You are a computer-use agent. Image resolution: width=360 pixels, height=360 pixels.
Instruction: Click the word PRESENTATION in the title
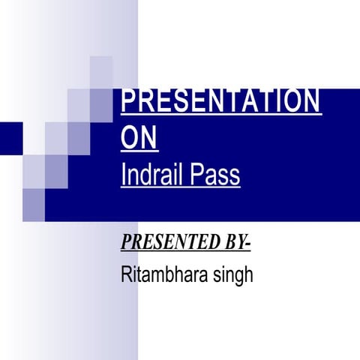click(x=220, y=102)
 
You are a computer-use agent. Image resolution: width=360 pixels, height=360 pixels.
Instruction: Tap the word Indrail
click(x=150, y=175)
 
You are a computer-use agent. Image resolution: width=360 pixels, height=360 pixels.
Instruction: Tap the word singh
click(x=234, y=276)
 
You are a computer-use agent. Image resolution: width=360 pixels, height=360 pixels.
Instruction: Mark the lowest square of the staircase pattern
click(x=34, y=200)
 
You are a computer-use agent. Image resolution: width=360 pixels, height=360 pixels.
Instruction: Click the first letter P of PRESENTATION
click(x=127, y=102)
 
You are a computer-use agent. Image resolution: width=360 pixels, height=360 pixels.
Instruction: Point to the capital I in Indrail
click(x=123, y=175)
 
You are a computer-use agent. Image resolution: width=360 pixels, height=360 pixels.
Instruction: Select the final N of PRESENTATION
click(x=313, y=102)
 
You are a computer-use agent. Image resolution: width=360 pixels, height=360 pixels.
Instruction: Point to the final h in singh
click(x=248, y=274)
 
